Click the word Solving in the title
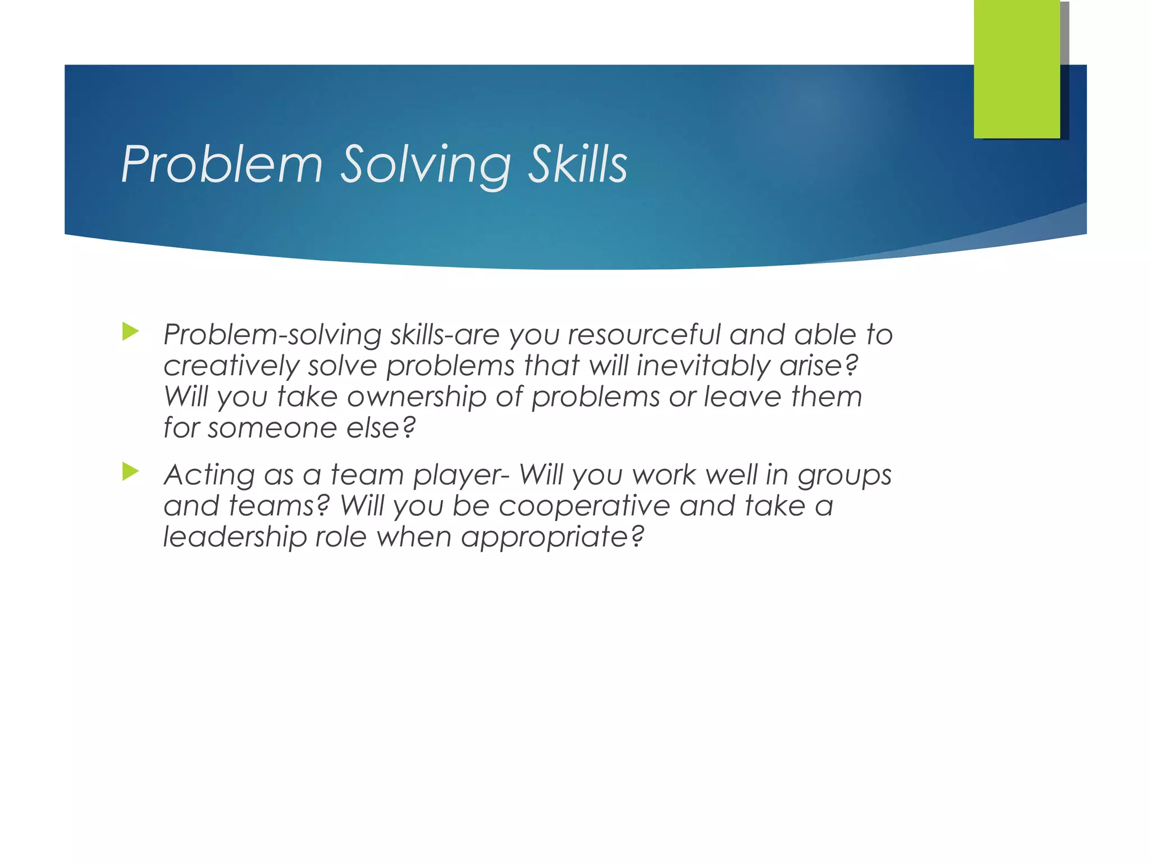coord(426,165)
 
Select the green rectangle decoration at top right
coord(1016,69)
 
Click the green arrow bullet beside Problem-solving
coord(130,331)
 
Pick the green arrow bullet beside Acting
coord(130,471)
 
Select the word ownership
coord(417,397)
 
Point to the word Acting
coord(209,475)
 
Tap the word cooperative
coord(584,506)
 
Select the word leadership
coord(235,537)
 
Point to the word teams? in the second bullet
coord(279,506)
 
